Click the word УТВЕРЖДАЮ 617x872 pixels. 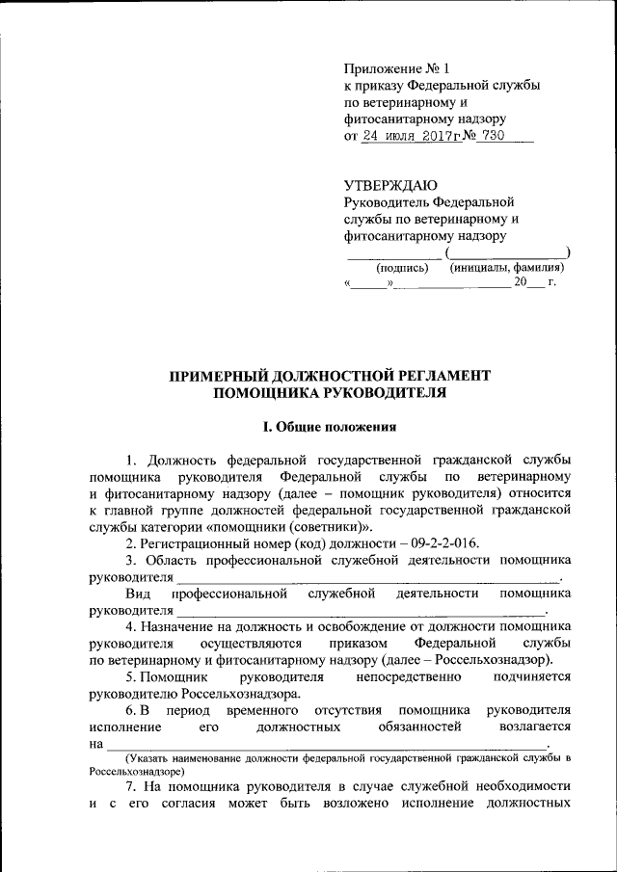391,185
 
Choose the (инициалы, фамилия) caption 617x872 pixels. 507,269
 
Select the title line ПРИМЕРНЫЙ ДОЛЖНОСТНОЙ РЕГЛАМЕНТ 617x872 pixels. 331,375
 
